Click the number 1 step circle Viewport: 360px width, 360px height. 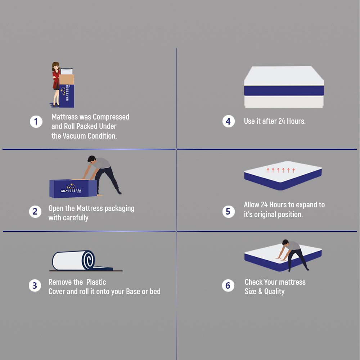click(x=36, y=122)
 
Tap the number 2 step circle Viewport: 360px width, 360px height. click(x=35, y=212)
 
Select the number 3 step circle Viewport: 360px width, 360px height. click(x=35, y=286)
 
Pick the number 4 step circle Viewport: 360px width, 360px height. click(x=228, y=121)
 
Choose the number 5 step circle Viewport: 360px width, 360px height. click(x=228, y=211)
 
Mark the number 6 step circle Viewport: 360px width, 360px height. click(x=228, y=286)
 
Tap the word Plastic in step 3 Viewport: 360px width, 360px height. click(x=96, y=282)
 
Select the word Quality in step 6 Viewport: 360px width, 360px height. click(x=274, y=292)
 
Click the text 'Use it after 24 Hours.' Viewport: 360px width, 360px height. click(x=275, y=121)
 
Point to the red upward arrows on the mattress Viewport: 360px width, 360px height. click(x=281, y=170)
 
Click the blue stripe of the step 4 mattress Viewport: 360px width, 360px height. click(x=284, y=91)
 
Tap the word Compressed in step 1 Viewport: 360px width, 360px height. click(x=111, y=117)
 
